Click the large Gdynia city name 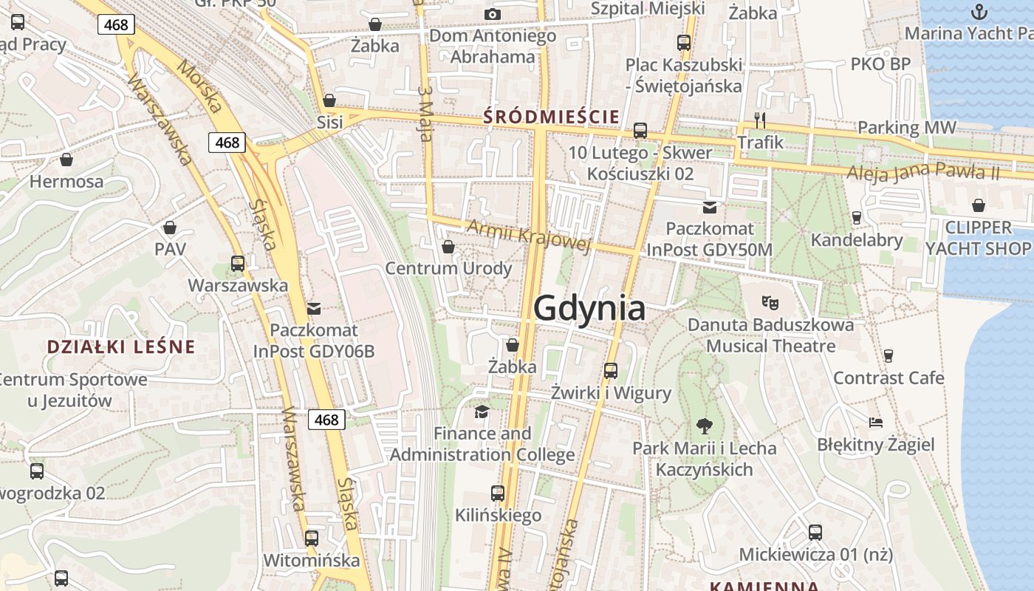pyautogui.click(x=589, y=307)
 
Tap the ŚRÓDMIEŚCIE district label pyautogui.click(x=550, y=116)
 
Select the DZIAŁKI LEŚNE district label pyautogui.click(x=120, y=346)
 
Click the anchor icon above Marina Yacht pyautogui.click(x=979, y=11)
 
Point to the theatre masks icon pyautogui.click(x=770, y=301)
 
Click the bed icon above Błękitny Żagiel pyautogui.click(x=875, y=423)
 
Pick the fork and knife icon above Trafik pyautogui.click(x=760, y=119)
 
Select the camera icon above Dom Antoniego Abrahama pyautogui.click(x=492, y=14)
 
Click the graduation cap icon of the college pyautogui.click(x=482, y=411)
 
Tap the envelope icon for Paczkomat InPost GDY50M pyautogui.click(x=709, y=207)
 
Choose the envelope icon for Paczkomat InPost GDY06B pyautogui.click(x=314, y=308)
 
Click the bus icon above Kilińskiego pyautogui.click(x=498, y=493)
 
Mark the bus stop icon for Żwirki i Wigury pyautogui.click(x=610, y=370)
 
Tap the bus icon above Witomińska pyautogui.click(x=312, y=537)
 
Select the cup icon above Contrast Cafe pyautogui.click(x=888, y=355)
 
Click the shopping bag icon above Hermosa pyautogui.click(x=66, y=159)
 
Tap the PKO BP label pyautogui.click(x=880, y=64)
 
